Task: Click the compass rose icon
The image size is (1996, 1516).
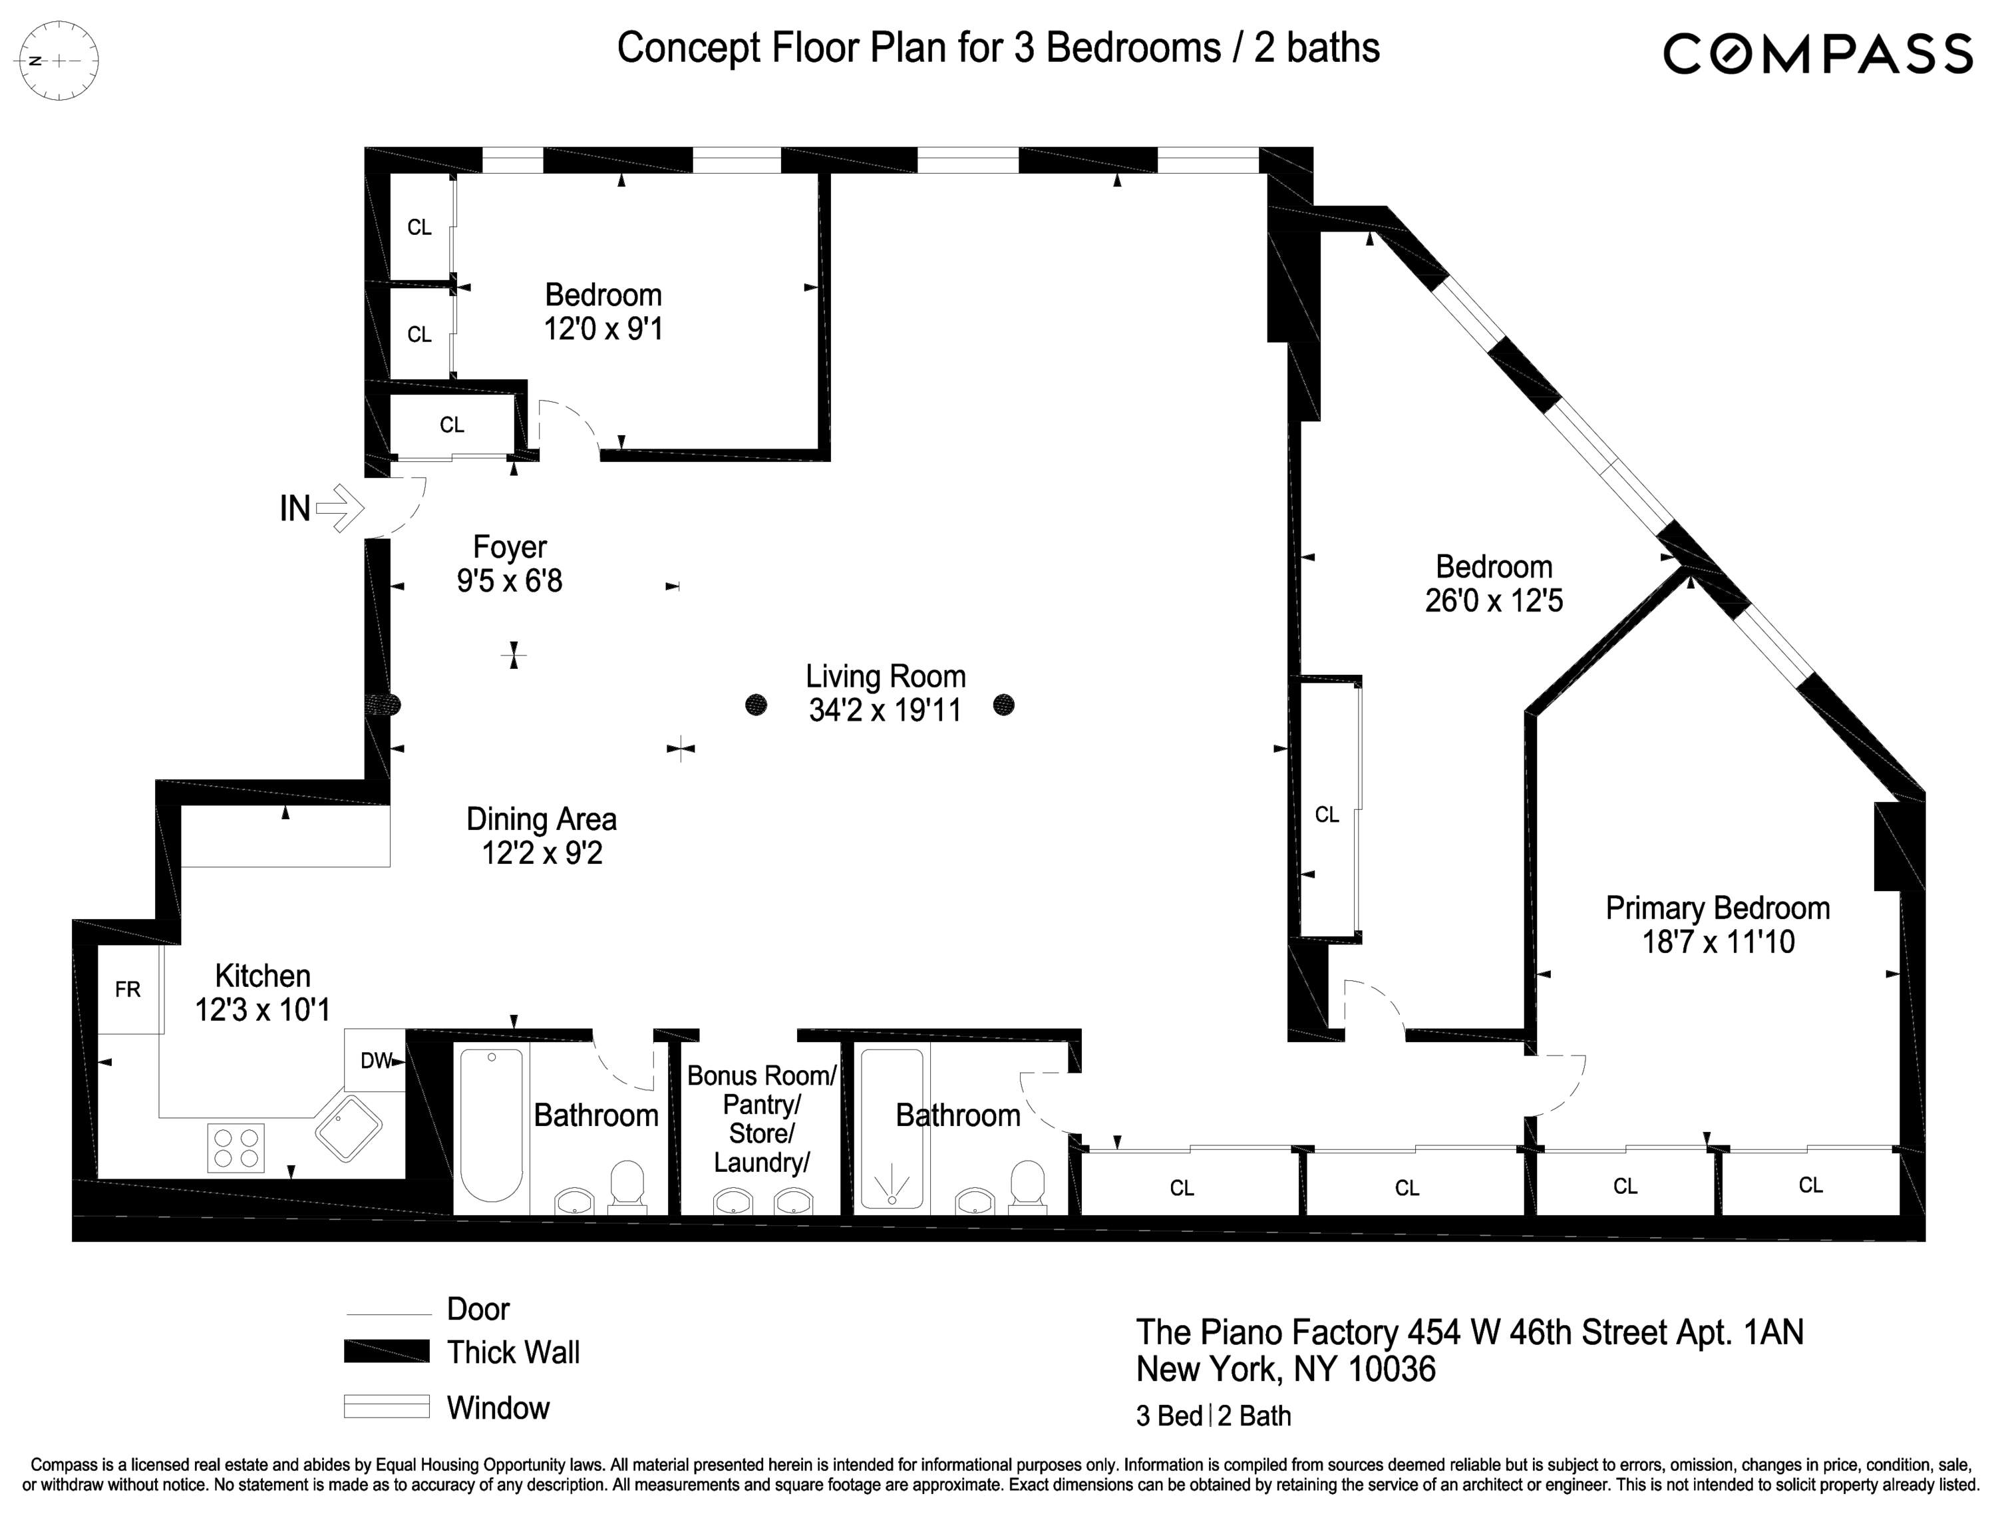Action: coord(59,61)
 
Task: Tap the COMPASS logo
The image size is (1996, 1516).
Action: coord(1817,54)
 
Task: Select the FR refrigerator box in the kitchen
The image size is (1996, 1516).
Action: coord(128,990)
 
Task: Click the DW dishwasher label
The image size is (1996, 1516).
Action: coord(375,1061)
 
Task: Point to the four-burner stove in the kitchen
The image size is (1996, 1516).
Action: coord(236,1148)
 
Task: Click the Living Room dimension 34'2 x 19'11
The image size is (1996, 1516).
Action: coord(884,711)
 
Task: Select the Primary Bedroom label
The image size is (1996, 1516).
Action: coord(1717,908)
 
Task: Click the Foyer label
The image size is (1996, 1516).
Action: coord(510,547)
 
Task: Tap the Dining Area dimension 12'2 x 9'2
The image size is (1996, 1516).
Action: coord(542,853)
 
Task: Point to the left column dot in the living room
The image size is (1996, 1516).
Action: coord(756,705)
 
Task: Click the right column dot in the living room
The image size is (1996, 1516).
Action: coord(1003,705)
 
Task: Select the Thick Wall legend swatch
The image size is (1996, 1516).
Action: coord(386,1352)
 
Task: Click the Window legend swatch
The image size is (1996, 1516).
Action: coord(386,1407)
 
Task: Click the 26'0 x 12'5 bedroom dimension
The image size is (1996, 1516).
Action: coord(1494,601)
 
